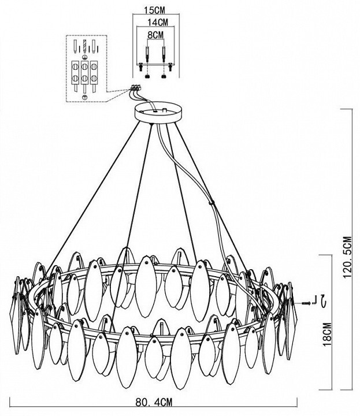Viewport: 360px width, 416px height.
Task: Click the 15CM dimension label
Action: (x=154, y=10)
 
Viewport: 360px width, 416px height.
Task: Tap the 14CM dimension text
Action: (x=158, y=23)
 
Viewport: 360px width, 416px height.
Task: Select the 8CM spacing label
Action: (x=155, y=35)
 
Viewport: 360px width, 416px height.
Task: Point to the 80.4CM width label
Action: (x=154, y=402)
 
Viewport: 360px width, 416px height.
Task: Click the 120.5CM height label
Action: (x=347, y=257)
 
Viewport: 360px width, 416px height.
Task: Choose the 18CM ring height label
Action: (x=328, y=334)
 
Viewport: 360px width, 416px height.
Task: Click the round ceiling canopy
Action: (x=158, y=113)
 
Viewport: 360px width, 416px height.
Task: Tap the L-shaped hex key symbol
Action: (x=314, y=300)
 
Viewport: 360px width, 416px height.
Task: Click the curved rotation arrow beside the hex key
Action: (x=323, y=300)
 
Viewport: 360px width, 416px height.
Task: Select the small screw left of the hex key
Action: (x=306, y=303)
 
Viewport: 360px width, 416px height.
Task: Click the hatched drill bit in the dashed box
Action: (x=85, y=46)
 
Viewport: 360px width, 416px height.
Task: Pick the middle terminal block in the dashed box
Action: (x=84, y=73)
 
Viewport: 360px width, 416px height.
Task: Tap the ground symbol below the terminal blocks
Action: (x=85, y=97)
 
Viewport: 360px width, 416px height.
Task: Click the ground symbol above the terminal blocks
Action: (x=85, y=57)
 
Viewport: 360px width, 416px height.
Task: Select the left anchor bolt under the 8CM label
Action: (x=147, y=54)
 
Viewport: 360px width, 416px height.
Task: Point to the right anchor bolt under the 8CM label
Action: (x=164, y=54)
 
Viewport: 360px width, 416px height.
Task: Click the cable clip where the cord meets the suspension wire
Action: (x=211, y=203)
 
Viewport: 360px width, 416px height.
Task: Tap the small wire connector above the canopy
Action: (x=135, y=87)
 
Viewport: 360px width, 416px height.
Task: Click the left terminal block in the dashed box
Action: (x=75, y=73)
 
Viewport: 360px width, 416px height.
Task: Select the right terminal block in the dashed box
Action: (x=94, y=73)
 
